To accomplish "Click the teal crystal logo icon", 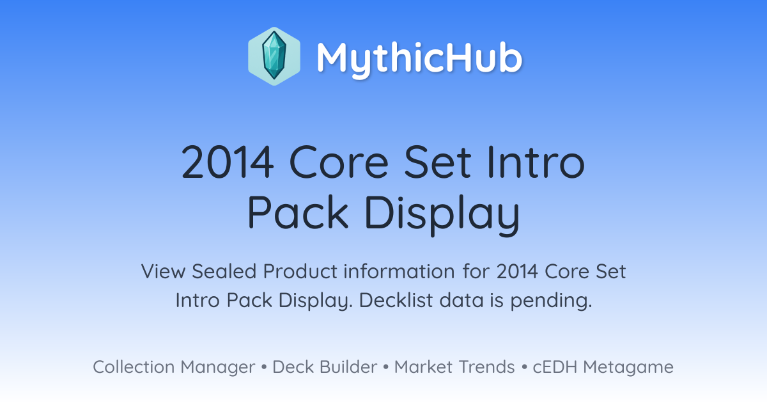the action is (x=274, y=56).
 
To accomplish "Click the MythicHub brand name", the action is (x=419, y=59).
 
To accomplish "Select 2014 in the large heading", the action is (x=228, y=162).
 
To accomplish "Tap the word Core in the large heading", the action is (x=339, y=162).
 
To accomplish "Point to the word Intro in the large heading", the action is (x=536, y=162).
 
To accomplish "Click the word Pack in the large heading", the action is (x=298, y=212).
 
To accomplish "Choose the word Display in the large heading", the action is (x=442, y=215).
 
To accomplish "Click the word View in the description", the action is (x=164, y=271).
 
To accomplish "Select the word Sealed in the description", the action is (x=224, y=271).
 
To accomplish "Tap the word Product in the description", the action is (x=300, y=271).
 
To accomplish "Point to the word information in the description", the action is (x=399, y=271).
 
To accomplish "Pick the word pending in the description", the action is (x=551, y=301).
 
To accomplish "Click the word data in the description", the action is (x=461, y=300).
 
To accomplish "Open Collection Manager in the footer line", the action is (x=174, y=368).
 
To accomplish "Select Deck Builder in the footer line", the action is (x=325, y=367).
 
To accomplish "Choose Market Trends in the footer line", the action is (x=454, y=367).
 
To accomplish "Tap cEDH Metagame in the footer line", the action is (x=603, y=368).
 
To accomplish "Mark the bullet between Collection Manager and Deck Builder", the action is (x=264, y=367).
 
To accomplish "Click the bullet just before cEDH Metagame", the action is (x=524, y=367).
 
